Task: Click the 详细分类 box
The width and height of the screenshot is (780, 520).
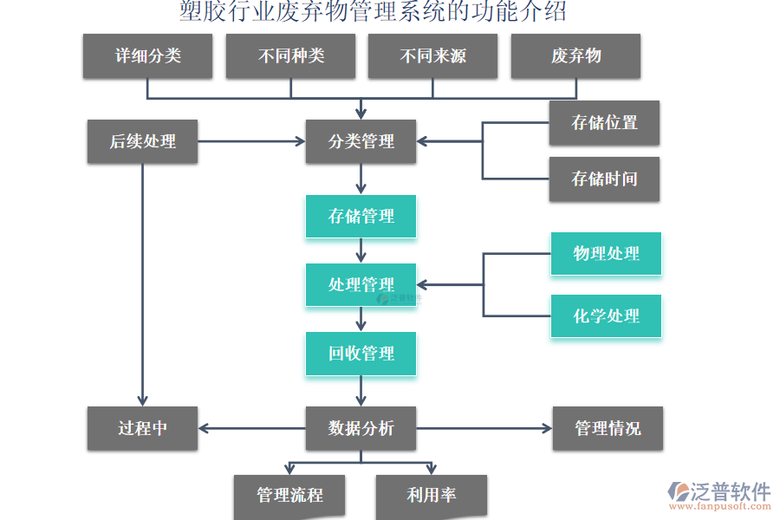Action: pyautogui.click(x=148, y=56)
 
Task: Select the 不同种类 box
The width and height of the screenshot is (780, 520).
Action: pyautogui.click(x=290, y=56)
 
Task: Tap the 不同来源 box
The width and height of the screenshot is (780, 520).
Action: pyautogui.click(x=432, y=56)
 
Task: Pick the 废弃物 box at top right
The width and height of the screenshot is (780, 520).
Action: pyautogui.click(x=575, y=56)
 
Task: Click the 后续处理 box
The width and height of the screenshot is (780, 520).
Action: pyautogui.click(x=142, y=141)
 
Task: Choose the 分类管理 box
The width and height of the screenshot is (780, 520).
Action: pyautogui.click(x=361, y=141)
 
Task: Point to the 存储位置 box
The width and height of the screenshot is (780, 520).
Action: pyautogui.click(x=604, y=123)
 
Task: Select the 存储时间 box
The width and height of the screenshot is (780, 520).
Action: pyautogui.click(x=604, y=179)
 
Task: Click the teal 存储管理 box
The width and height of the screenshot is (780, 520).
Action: pyautogui.click(x=361, y=217)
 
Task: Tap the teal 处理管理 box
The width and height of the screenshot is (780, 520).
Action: pyautogui.click(x=361, y=285)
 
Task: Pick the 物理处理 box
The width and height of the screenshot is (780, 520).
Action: pyautogui.click(x=606, y=254)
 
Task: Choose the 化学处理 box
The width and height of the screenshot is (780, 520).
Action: pyautogui.click(x=606, y=316)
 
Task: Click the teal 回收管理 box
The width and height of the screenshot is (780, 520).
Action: pyautogui.click(x=361, y=354)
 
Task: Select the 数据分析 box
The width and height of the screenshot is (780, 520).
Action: pyautogui.click(x=361, y=428)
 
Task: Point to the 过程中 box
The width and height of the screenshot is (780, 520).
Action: pyautogui.click(x=142, y=428)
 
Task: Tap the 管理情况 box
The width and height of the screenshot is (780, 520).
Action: pyautogui.click(x=608, y=428)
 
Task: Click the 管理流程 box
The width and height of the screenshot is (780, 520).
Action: pyautogui.click(x=289, y=496)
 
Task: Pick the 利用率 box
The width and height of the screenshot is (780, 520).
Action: pyautogui.click(x=431, y=496)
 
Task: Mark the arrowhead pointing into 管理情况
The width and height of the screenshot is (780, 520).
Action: pyautogui.click(x=546, y=428)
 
